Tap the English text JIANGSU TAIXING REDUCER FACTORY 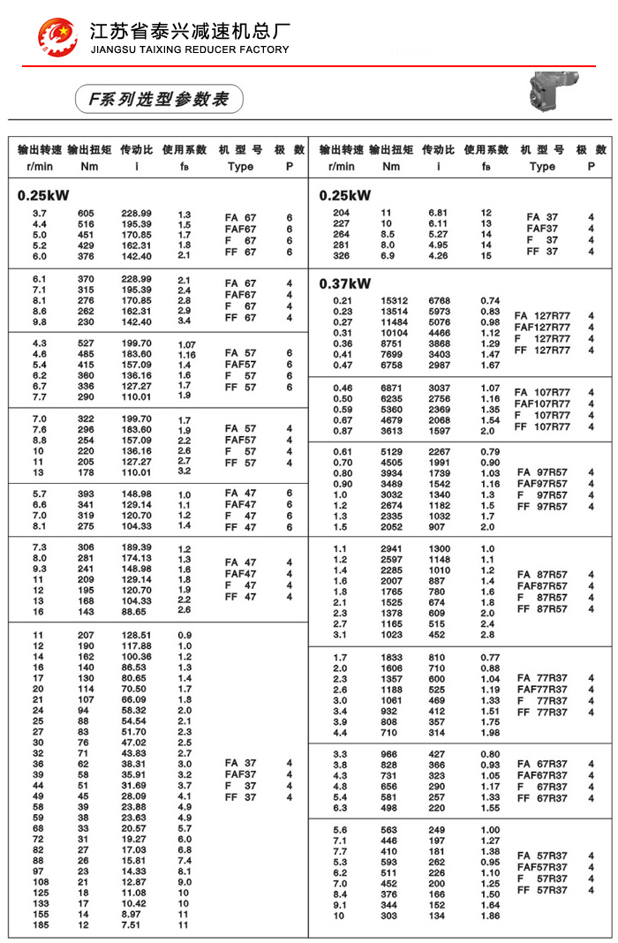(190, 50)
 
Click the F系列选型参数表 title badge (158, 99)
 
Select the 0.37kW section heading (345, 283)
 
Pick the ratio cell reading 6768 (439, 300)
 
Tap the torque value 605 (86, 214)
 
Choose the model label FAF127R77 (543, 328)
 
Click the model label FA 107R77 (543, 392)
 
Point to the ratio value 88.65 (135, 611)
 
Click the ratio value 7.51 (132, 925)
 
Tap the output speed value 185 (41, 925)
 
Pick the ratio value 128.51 (135, 635)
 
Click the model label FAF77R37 (543, 690)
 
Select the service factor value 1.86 (490, 916)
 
